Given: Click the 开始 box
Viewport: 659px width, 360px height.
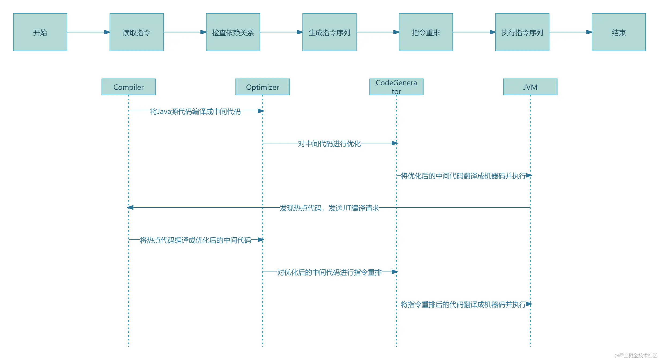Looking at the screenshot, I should click(40, 32).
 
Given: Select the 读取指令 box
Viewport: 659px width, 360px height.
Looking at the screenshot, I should click(137, 32).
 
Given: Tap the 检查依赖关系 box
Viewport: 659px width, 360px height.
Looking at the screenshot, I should click(233, 32).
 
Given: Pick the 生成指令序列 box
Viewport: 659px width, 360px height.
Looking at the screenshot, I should click(329, 32).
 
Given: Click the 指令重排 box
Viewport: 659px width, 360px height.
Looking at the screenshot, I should click(426, 32).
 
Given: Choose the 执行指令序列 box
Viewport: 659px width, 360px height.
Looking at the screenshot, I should click(522, 32).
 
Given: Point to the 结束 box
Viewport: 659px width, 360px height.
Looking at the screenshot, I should click(619, 32).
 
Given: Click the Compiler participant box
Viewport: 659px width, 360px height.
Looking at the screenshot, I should click(129, 87).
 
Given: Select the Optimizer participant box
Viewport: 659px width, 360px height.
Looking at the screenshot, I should click(263, 87).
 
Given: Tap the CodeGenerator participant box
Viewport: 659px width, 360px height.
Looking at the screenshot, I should click(396, 87).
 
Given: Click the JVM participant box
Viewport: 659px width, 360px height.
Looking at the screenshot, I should click(530, 87).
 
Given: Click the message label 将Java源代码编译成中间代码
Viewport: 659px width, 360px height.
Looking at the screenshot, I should click(196, 111).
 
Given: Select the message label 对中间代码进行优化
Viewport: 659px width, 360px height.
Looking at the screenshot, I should click(329, 143).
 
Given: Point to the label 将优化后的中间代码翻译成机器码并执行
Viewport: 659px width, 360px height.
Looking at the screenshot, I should click(463, 176).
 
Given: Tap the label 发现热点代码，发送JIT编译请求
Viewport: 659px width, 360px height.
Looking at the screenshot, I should click(329, 208).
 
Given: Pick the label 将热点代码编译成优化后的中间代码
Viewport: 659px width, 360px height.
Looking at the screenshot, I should click(196, 240).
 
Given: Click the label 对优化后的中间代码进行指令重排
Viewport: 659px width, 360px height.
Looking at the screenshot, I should click(329, 272).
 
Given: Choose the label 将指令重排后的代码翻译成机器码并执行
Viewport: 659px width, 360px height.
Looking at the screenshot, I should click(463, 304).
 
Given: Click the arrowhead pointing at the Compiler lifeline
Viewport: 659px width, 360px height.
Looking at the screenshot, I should click(130, 207).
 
